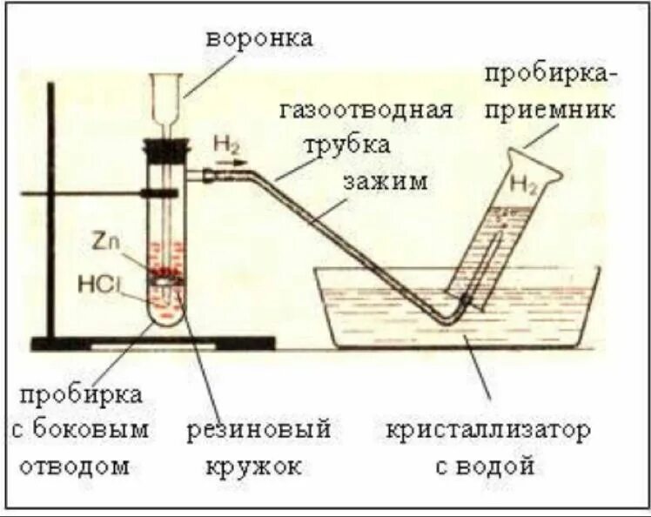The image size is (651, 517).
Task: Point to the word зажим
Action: click(x=385, y=181)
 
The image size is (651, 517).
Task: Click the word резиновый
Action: click(x=260, y=429)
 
